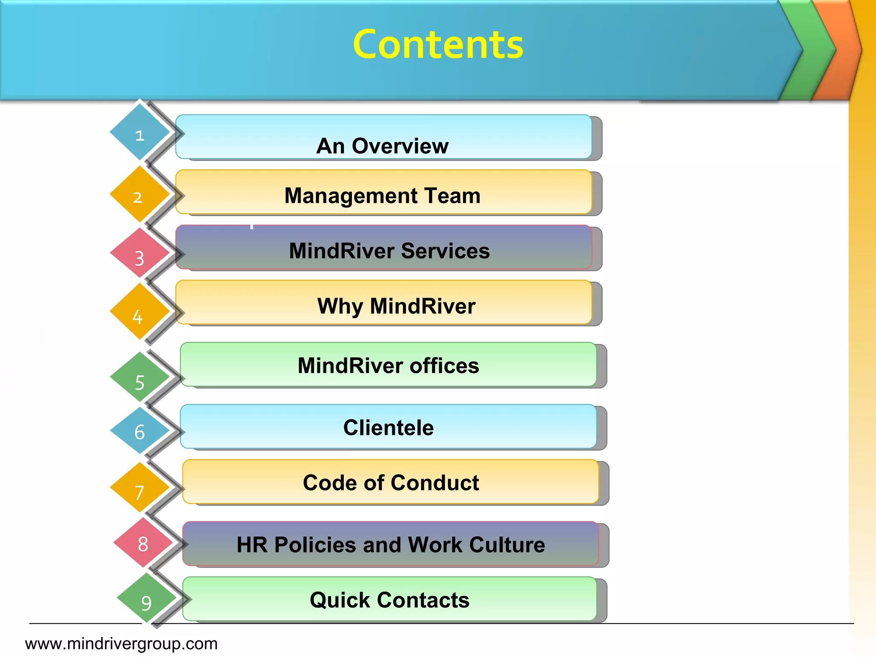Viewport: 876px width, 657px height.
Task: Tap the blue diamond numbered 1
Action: click(139, 133)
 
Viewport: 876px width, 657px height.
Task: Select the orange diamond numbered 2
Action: click(139, 195)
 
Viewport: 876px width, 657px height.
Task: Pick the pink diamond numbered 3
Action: click(139, 255)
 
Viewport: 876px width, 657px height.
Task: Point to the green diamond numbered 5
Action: click(139, 378)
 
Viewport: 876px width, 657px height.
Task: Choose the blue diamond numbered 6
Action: click(139, 431)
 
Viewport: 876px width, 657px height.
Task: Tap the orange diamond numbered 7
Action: click(139, 488)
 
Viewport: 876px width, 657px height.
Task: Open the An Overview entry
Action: click(382, 145)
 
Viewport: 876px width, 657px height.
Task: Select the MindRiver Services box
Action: click(389, 251)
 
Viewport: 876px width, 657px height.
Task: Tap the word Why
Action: click(340, 306)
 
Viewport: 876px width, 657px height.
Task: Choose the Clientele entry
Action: click(388, 428)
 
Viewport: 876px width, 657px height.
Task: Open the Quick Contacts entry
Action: click(389, 600)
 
